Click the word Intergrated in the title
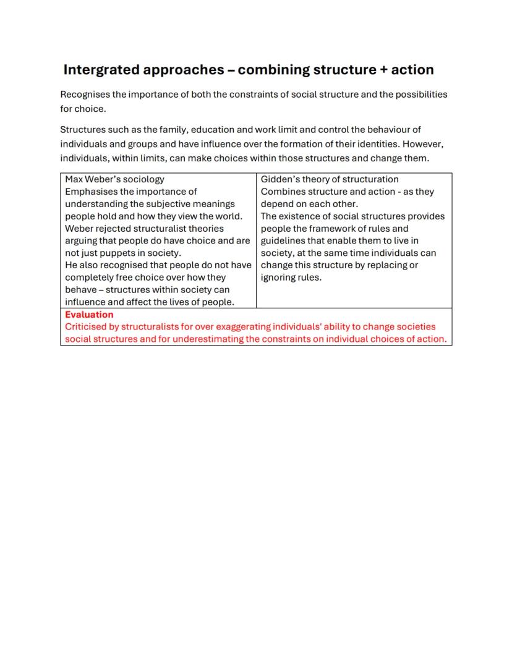(101, 70)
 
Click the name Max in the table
(74, 179)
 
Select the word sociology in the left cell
(143, 179)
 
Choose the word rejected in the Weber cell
(113, 229)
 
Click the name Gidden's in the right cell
(279, 179)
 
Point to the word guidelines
(283, 240)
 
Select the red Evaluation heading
(89, 315)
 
